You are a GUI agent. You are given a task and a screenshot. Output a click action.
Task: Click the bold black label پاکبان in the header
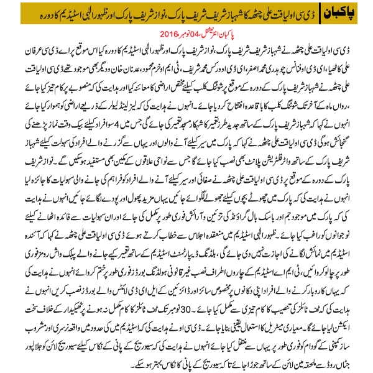[346, 14]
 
